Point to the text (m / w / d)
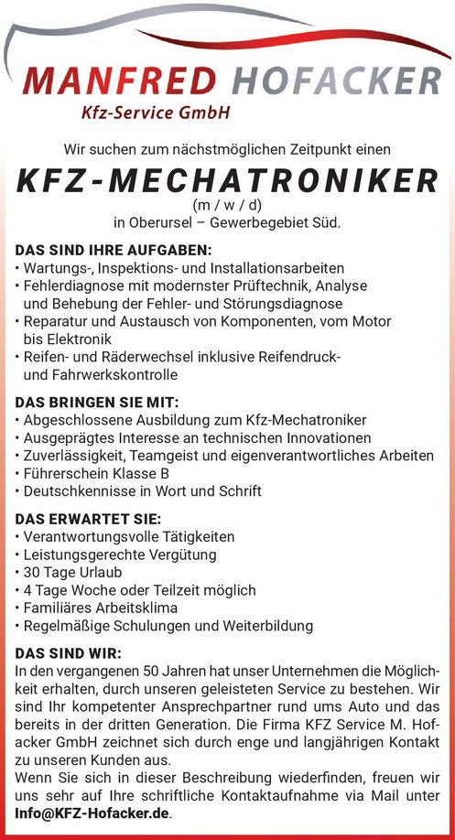coord(227,205)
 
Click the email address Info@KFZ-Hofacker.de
coord(92,812)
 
